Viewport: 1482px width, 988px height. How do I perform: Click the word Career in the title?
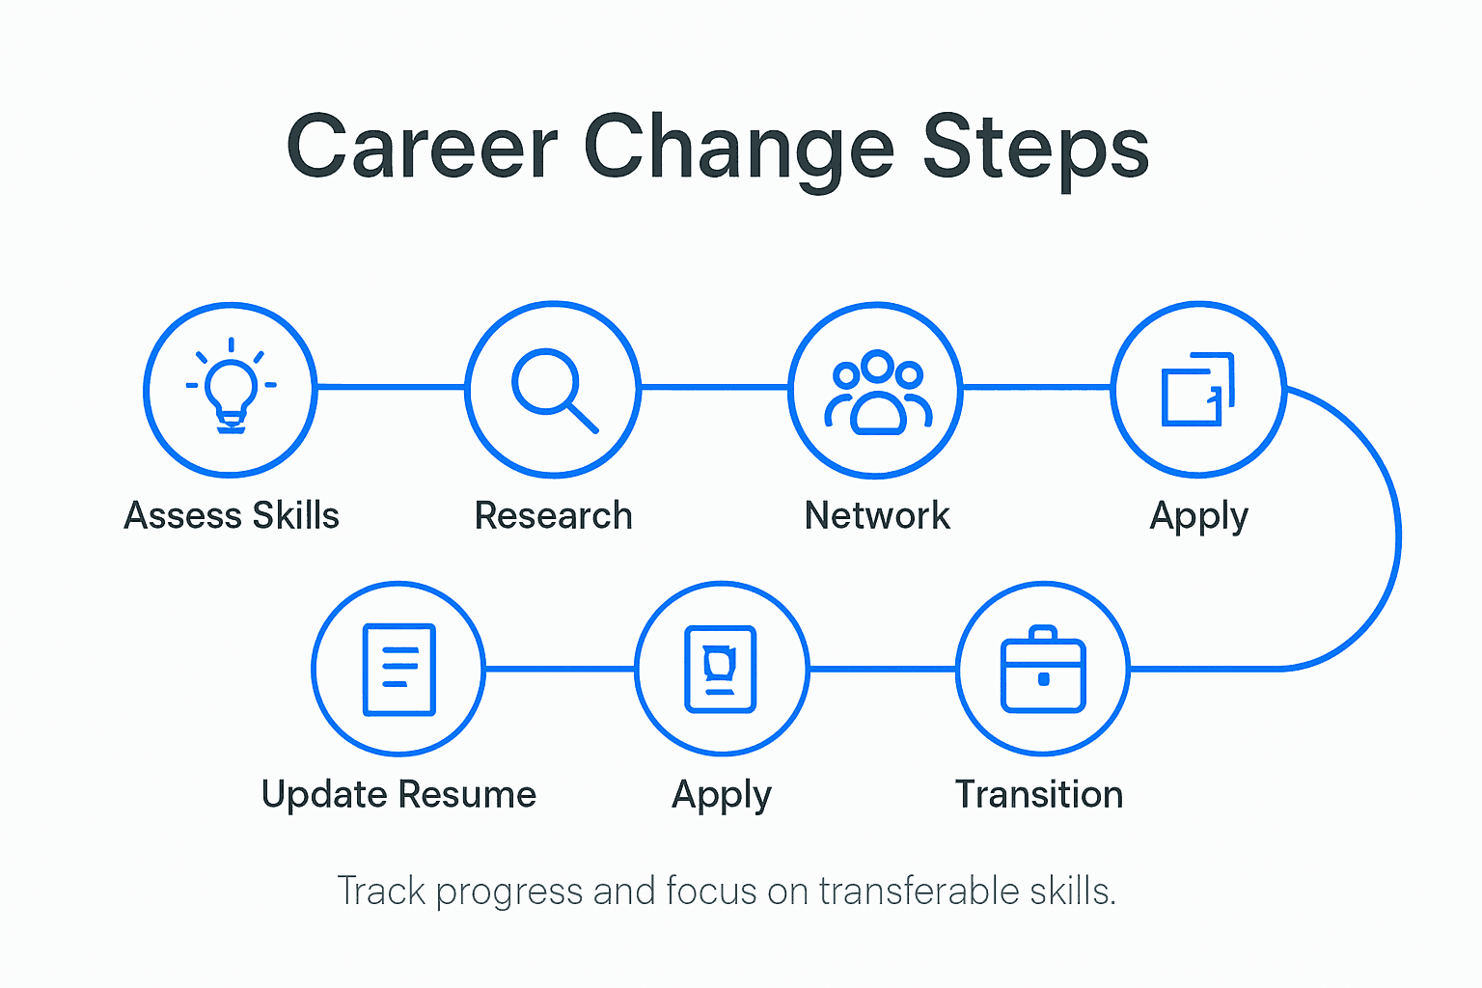tap(422, 147)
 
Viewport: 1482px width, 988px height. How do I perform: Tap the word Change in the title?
tap(739, 147)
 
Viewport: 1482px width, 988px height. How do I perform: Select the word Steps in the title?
tap(1035, 147)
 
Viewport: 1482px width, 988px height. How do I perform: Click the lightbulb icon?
tap(231, 388)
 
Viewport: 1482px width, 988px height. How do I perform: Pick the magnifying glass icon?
tap(554, 390)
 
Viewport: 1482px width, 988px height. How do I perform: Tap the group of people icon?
tap(877, 392)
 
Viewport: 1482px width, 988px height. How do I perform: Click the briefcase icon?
tap(1043, 669)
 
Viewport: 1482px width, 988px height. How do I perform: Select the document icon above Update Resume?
tap(398, 670)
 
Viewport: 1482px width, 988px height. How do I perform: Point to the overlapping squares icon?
tap(1197, 389)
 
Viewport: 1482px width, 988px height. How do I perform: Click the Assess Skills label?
tap(232, 516)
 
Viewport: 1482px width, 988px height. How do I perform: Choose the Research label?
tap(554, 516)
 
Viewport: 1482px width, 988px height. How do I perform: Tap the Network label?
tap(877, 516)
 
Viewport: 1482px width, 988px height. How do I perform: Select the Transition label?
tap(1039, 795)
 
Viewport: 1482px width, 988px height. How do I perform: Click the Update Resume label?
tap(398, 795)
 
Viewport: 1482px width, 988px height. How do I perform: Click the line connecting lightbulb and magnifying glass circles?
tap(391, 387)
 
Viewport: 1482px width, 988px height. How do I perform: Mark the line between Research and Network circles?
tap(715, 387)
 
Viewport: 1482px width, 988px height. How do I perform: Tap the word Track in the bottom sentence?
tap(381, 892)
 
